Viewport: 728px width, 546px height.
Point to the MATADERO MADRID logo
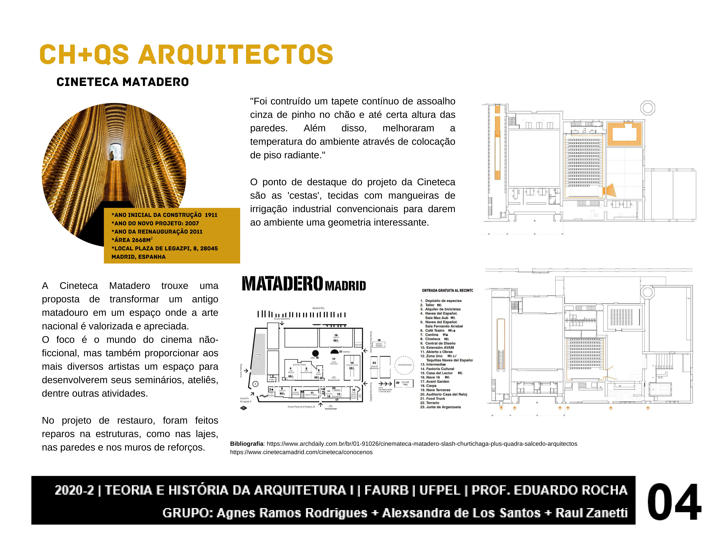pos(303,284)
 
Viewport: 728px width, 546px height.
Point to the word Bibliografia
pos(247,444)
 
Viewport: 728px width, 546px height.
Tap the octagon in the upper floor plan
pos(647,108)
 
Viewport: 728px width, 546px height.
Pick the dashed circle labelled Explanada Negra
pos(404,365)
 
